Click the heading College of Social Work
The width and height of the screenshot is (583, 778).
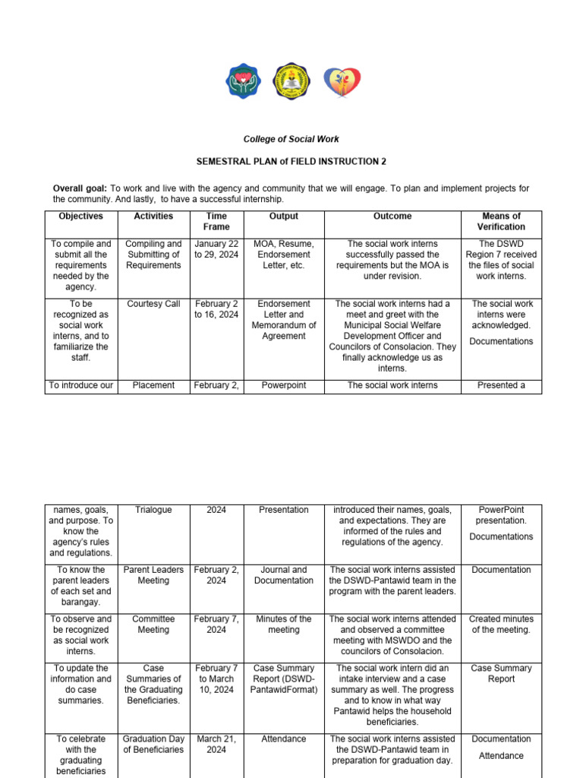pyautogui.click(x=291, y=139)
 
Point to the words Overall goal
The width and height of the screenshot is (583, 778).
pyautogui.click(x=80, y=188)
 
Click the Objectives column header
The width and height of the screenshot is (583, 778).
pyautogui.click(x=80, y=217)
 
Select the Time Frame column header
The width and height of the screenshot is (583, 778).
pyautogui.click(x=216, y=221)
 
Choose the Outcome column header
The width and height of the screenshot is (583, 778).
pyautogui.click(x=392, y=217)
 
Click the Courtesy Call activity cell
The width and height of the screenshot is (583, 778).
pyautogui.click(x=153, y=304)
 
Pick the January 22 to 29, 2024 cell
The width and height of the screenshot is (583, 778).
pyautogui.click(x=216, y=249)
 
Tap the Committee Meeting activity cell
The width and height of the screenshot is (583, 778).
pyautogui.click(x=153, y=625)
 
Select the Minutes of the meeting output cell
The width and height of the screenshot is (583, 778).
pyautogui.click(x=283, y=625)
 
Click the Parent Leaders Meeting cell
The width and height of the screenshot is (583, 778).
pyautogui.click(x=153, y=575)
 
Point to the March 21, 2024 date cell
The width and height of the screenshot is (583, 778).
pyautogui.click(x=216, y=744)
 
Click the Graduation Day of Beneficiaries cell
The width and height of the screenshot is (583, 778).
pyautogui.click(x=153, y=744)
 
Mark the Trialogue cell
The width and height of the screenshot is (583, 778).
pyautogui.click(x=153, y=510)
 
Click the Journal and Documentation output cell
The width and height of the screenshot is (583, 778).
pyautogui.click(x=283, y=575)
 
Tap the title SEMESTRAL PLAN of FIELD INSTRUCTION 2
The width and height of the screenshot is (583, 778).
pyautogui.click(x=291, y=162)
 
